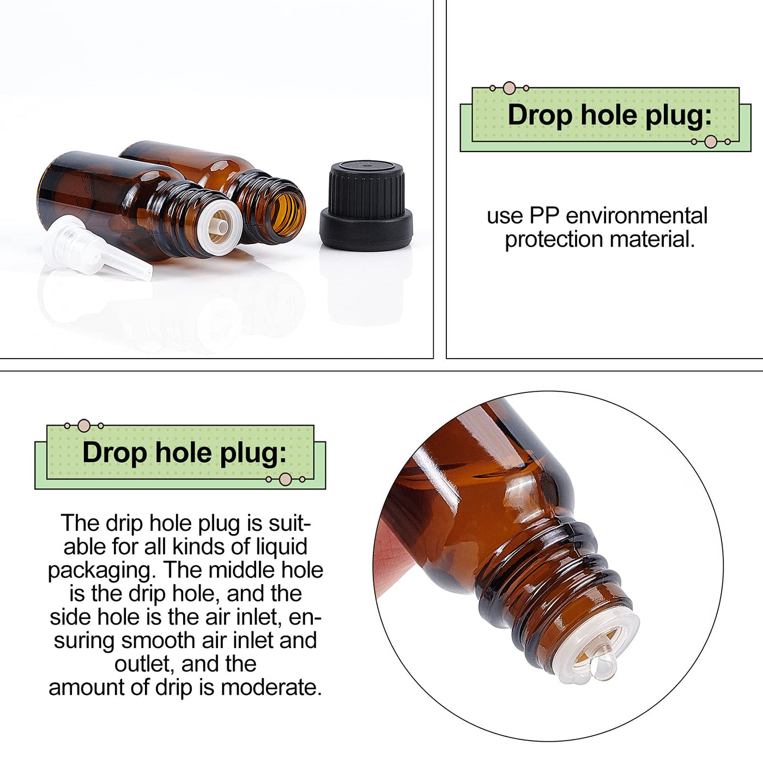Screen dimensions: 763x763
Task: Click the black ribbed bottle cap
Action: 366,206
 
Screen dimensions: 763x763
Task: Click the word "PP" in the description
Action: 544,216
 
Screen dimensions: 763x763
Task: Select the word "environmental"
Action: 637,216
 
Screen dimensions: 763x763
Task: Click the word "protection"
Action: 554,240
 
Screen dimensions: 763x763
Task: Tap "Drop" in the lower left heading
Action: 115,453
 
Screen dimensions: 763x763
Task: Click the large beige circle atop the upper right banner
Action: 509,88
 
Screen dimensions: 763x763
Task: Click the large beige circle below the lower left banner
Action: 285,479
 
